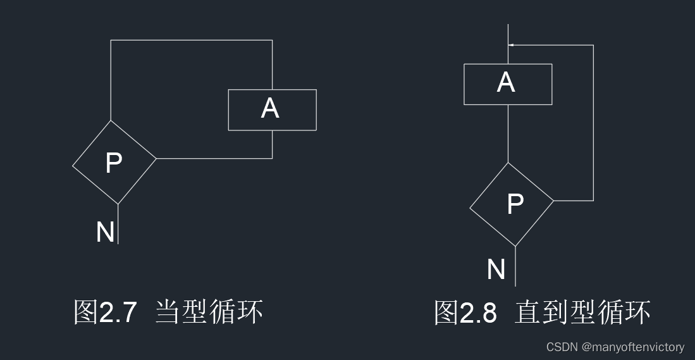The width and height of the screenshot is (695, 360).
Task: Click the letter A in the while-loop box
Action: click(270, 109)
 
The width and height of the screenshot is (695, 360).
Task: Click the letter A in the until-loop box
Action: click(505, 83)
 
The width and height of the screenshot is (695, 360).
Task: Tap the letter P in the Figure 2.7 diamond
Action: click(114, 163)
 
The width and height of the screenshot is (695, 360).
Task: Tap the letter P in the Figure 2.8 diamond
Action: click(515, 203)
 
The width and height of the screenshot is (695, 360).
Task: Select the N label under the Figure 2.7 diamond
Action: click(105, 232)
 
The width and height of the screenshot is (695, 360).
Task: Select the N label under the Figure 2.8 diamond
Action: click(496, 270)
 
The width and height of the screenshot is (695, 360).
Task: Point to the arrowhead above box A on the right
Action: click(512, 45)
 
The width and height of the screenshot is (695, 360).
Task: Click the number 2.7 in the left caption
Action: click(118, 313)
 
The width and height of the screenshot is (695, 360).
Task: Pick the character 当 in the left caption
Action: click(167, 313)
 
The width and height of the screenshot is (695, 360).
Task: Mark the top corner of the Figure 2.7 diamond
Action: click(111, 120)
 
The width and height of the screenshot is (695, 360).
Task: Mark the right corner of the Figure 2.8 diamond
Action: click(553, 201)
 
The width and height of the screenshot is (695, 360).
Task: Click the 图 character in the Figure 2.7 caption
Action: click(85, 313)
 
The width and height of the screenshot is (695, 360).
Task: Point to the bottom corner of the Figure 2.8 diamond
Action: click(515, 245)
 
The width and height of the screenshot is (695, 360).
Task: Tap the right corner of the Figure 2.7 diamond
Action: click(156, 158)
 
